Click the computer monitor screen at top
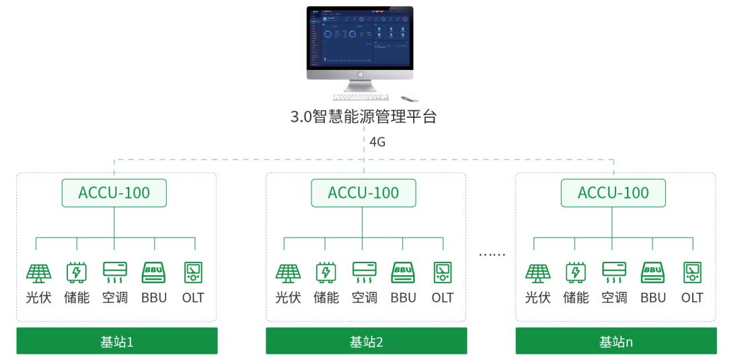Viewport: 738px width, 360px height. tap(360, 38)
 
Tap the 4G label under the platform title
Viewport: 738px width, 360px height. tap(377, 142)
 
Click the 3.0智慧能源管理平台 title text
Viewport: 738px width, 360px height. tap(363, 118)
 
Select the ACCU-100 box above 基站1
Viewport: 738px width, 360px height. tap(114, 193)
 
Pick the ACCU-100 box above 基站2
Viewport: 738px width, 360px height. tap(363, 193)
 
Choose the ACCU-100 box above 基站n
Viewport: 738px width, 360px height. tap(613, 193)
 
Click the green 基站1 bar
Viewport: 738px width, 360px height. tap(117, 341)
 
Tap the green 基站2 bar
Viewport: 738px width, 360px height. tap(366, 341)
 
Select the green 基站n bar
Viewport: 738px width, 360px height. tap(616, 341)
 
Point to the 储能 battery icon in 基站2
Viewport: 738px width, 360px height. tap(325, 271)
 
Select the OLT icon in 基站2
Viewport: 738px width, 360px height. tap(443, 271)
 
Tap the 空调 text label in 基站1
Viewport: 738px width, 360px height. tap(114, 297)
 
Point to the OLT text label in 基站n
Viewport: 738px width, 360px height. tap(692, 297)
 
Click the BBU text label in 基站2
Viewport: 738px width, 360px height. tap(404, 297)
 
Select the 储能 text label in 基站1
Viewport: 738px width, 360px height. tap(76, 297)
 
